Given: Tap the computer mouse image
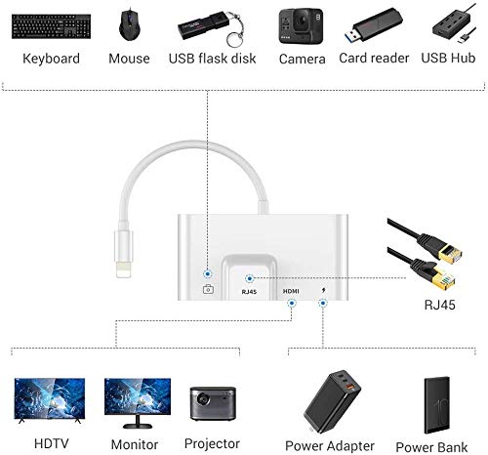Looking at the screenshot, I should coord(130,23).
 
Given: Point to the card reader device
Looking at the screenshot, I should coord(371,23).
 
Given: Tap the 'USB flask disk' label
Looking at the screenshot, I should coord(213,59).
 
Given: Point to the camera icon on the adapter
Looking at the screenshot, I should coord(208,290).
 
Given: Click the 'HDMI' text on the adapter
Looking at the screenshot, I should coord(292,292).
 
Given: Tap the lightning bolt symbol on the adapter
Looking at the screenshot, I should coord(324,292).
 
